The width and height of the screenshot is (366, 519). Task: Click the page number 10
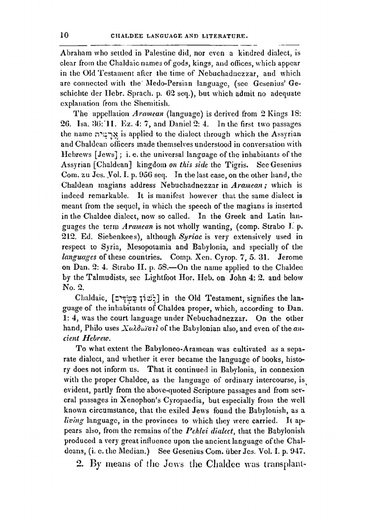(64, 35)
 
